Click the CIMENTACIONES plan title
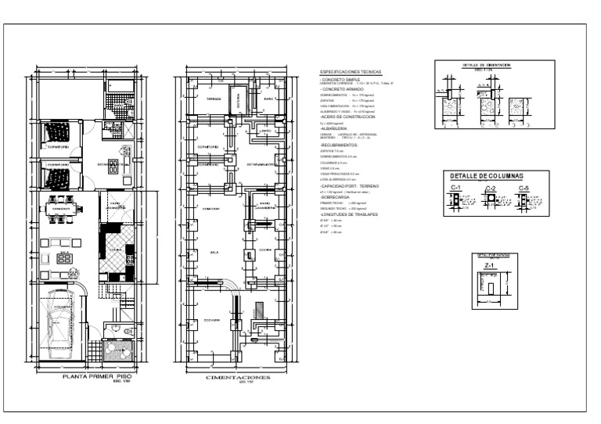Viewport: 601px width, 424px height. [237, 376]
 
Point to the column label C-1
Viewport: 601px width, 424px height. [455, 189]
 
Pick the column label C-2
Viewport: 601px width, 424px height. [491, 189]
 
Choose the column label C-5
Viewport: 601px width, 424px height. [524, 189]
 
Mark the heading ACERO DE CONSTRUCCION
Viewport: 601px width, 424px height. [349, 117]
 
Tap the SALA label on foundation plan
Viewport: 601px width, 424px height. [214, 254]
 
